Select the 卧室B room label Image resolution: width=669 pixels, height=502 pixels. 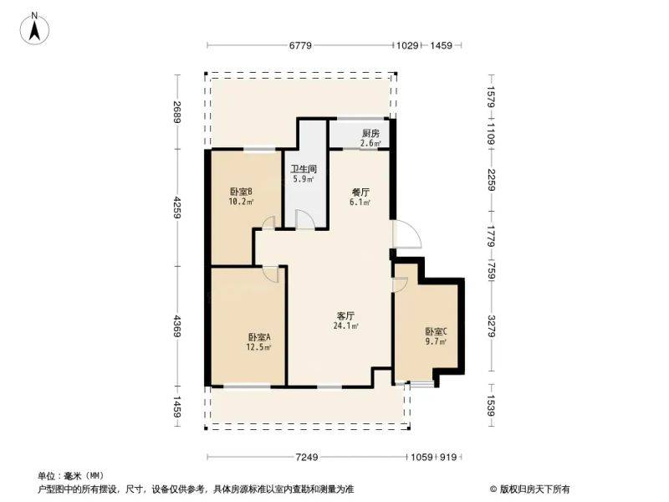[242, 191]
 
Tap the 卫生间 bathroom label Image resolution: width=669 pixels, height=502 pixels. [303, 168]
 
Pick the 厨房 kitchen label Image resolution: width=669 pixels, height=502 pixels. [370, 133]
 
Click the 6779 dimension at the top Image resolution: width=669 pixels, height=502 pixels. [301, 45]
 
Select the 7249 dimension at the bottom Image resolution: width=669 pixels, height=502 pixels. [307, 456]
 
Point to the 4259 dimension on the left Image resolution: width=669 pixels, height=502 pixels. [176, 208]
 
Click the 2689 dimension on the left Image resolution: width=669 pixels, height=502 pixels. [176, 112]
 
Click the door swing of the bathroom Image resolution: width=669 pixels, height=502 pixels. [305, 219]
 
